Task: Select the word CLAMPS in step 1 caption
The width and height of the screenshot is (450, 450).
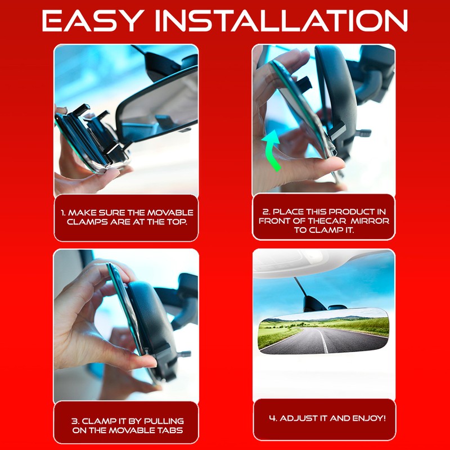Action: click(85, 221)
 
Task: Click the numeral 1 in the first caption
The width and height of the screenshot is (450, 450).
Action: click(64, 213)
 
